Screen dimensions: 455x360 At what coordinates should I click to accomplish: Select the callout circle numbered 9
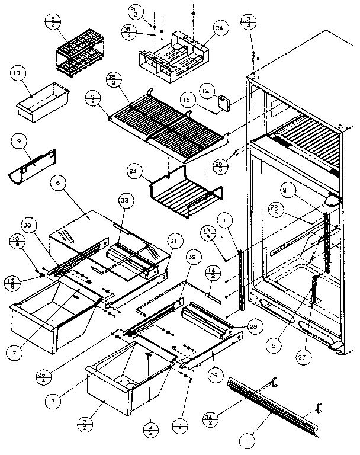20,142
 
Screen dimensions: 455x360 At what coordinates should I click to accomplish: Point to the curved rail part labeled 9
33,166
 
